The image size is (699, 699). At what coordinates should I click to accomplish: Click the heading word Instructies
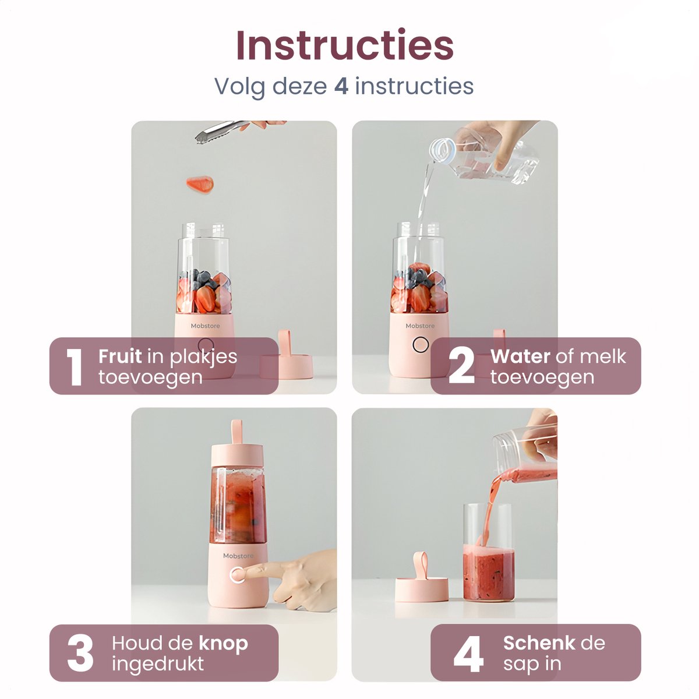coord(345,45)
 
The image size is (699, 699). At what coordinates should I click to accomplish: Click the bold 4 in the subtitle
coord(341,86)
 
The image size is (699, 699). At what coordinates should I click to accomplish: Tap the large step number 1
coord(74,367)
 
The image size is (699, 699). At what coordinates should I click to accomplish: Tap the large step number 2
coord(461,367)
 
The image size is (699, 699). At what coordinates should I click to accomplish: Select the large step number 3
coord(80,654)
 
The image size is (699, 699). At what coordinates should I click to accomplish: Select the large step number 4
coord(468,654)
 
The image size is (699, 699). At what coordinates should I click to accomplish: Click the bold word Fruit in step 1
coord(120,356)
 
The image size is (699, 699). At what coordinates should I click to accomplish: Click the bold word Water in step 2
coord(520,356)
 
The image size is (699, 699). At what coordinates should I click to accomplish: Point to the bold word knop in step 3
coord(224,643)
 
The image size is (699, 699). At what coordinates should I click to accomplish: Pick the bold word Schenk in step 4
coord(539,643)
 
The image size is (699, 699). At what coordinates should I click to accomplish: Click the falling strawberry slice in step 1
coord(200,185)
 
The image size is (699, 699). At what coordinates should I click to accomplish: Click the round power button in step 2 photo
coord(421,345)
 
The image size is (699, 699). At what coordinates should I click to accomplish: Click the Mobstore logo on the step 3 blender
coord(238,556)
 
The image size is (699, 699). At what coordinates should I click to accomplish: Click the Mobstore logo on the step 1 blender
coord(205,326)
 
